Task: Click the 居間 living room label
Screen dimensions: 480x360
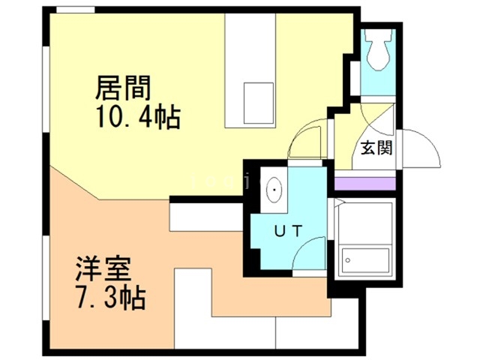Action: pos(123,88)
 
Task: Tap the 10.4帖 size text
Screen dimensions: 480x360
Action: pos(138,117)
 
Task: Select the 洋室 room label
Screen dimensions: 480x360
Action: pos(103,269)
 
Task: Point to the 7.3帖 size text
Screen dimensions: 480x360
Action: pos(110,298)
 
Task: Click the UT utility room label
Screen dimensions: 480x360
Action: pos(288,231)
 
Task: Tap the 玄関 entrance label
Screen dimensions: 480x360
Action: pos(376,148)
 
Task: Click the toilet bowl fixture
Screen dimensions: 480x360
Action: pos(378,50)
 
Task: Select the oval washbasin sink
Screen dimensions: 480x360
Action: pos(274,190)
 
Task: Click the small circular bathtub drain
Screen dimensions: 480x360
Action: pos(348,260)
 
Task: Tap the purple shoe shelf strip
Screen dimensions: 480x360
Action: pos(365,183)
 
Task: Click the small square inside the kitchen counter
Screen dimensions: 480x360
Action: pos(258,103)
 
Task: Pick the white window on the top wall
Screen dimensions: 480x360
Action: pos(75,10)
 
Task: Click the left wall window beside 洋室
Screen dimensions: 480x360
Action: pos(46,277)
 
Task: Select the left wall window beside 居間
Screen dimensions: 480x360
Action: pos(46,89)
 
